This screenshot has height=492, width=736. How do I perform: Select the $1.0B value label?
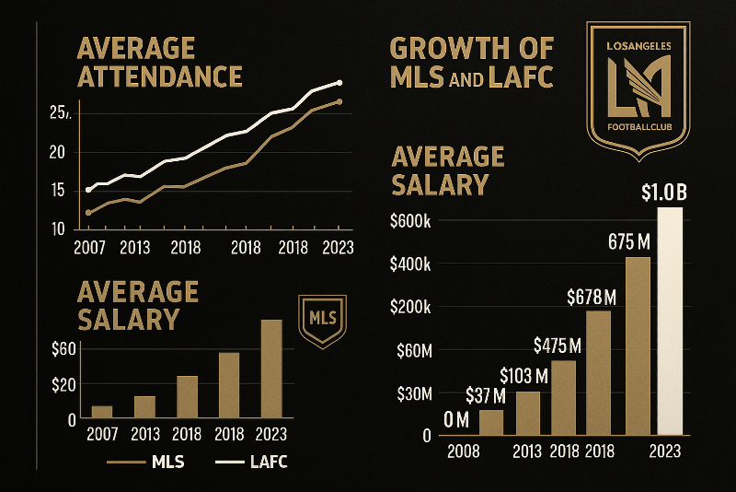click(x=662, y=193)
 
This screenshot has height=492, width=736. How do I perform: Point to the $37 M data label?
click(x=487, y=396)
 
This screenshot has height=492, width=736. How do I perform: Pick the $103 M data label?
click(x=523, y=375)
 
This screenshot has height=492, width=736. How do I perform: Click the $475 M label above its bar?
click(x=558, y=345)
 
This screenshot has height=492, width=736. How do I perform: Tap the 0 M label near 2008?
click(x=457, y=419)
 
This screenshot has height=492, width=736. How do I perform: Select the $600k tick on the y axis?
click(x=417, y=221)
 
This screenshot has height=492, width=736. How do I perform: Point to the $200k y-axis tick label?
click(x=417, y=307)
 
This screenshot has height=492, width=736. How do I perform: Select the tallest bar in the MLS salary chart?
click(x=271, y=369)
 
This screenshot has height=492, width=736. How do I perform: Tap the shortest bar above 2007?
click(x=102, y=412)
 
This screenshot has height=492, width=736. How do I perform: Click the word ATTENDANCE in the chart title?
click(x=160, y=76)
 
